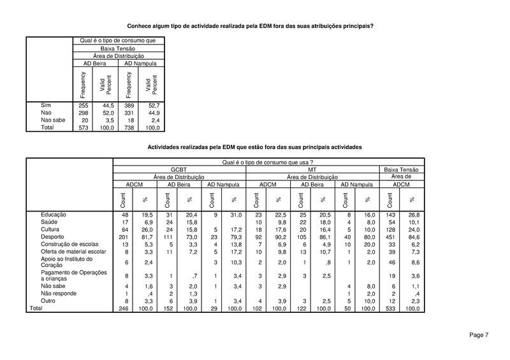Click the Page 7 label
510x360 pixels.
pyautogui.click(x=479, y=335)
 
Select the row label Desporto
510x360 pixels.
pyautogui.click(x=54, y=236)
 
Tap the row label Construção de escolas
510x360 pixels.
pyautogui.click(x=68, y=244)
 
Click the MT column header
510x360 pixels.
pyautogui.click(x=312, y=169)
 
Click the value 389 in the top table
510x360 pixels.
pyautogui.click(x=129, y=104)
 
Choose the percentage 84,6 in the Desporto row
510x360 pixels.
pyautogui.click(x=414, y=236)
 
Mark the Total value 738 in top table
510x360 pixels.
pyautogui.click(x=129, y=127)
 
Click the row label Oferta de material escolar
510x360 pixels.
pyautogui.click(x=72, y=252)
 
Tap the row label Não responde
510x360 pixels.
pyautogui.click(x=59, y=294)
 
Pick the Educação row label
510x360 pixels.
pyautogui.click(x=54, y=215)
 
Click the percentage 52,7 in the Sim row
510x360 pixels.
pyautogui.click(x=152, y=104)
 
